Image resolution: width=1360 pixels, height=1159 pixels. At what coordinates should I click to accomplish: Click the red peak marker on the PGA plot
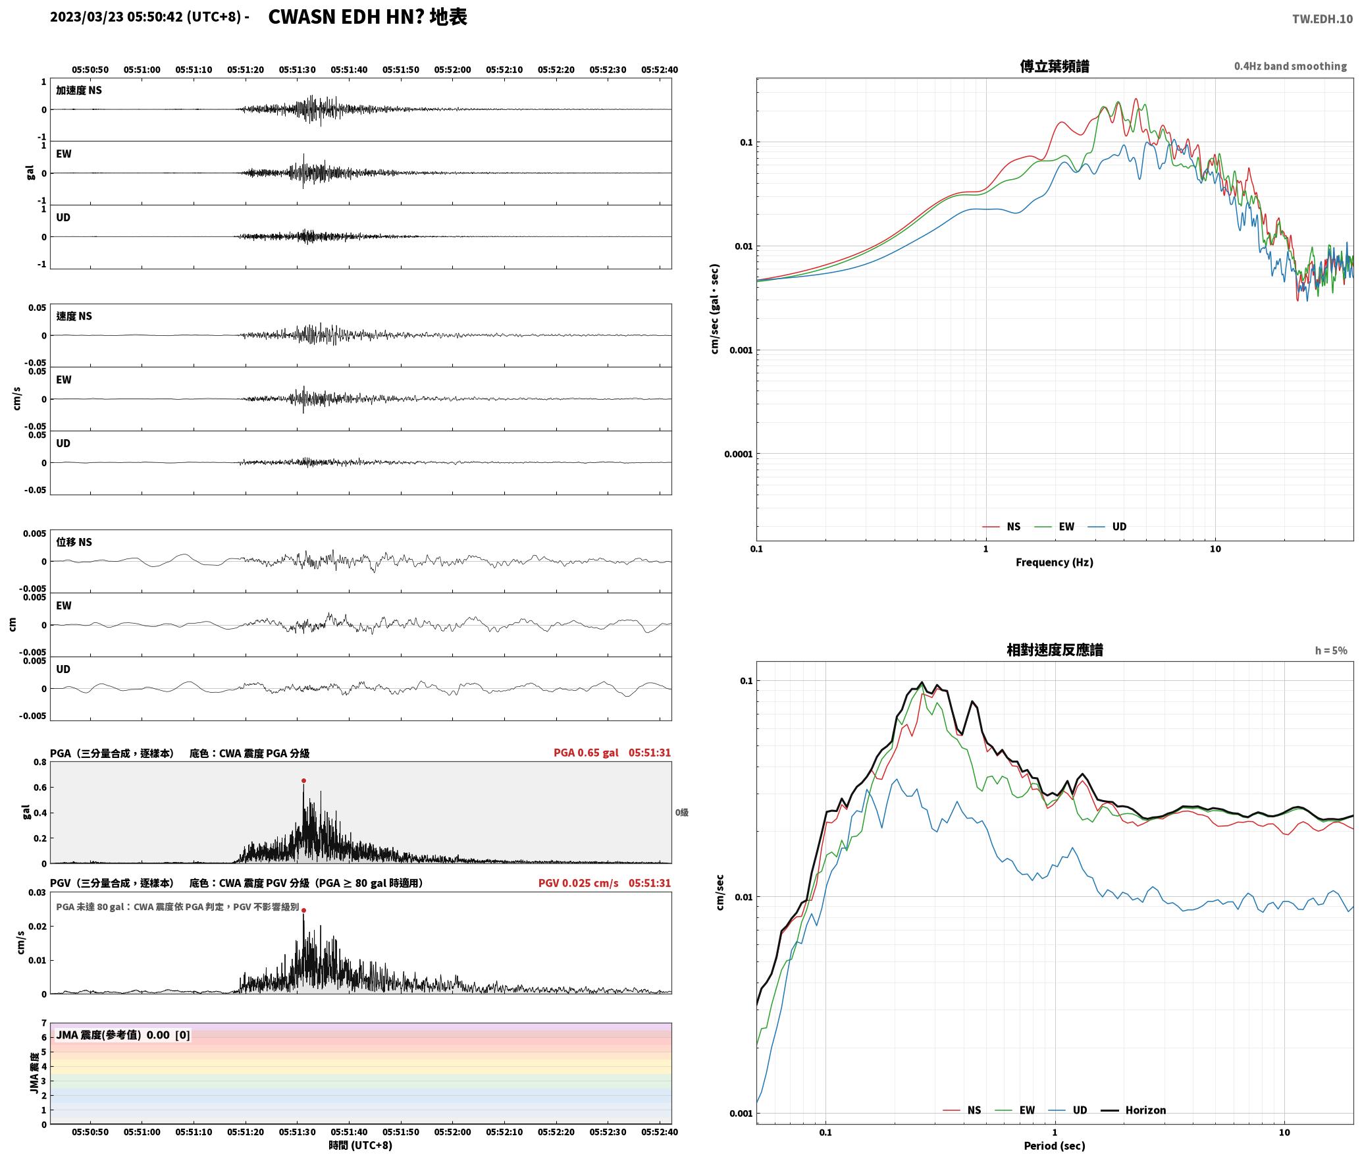[x=303, y=780]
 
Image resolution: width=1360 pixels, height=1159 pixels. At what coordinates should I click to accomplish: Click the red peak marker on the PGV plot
[x=303, y=910]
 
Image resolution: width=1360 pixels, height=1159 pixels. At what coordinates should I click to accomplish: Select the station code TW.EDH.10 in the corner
[x=1322, y=18]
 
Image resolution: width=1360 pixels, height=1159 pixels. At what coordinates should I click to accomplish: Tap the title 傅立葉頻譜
[x=1055, y=66]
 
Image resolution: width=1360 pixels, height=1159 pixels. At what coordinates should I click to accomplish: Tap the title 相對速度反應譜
[x=1055, y=650]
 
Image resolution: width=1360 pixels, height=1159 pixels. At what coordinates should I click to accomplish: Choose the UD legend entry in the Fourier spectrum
[x=1107, y=526]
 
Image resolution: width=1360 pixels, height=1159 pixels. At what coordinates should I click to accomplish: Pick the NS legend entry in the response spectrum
[x=962, y=1110]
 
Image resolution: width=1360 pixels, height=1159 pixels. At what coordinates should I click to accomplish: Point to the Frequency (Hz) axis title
[x=1055, y=562]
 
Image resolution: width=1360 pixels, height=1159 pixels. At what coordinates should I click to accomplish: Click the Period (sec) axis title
[x=1055, y=1145]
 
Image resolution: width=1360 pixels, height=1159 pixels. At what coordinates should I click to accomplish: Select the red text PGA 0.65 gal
[x=586, y=753]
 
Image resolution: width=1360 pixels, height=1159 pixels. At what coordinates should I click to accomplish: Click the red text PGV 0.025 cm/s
[x=579, y=883]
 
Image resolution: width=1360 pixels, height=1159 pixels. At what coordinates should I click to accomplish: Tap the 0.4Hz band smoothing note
[x=1290, y=66]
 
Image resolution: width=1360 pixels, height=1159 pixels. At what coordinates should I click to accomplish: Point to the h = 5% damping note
[x=1331, y=650]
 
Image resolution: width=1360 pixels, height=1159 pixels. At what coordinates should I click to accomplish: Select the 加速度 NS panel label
[x=79, y=90]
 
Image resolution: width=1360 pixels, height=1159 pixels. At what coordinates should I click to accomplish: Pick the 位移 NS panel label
[x=74, y=542]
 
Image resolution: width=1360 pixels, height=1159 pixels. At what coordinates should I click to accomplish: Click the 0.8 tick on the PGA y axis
[x=39, y=762]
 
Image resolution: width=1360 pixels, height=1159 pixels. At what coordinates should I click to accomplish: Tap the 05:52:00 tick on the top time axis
[x=452, y=69]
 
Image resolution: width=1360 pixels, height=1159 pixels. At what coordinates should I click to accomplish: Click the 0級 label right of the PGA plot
[x=682, y=812]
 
